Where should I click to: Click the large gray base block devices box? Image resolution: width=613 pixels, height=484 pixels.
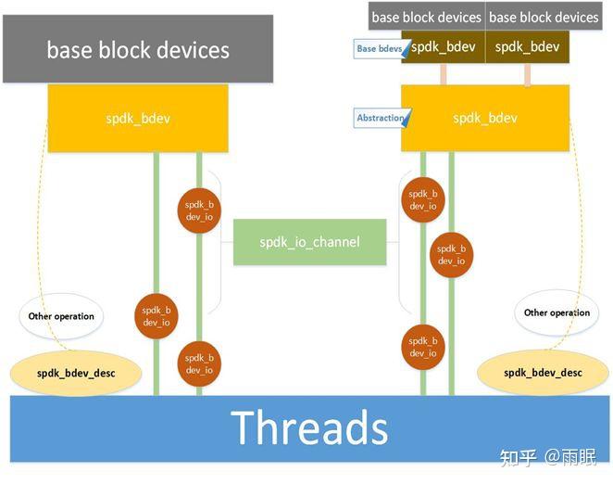(138, 48)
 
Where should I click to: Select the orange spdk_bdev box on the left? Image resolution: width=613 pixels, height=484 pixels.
(137, 118)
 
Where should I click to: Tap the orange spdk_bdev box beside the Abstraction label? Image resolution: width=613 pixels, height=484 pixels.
(484, 118)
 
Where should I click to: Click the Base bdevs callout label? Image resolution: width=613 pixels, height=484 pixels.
(379, 48)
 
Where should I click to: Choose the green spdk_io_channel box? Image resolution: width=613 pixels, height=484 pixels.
(308, 242)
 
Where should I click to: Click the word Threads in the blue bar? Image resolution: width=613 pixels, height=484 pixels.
(309, 427)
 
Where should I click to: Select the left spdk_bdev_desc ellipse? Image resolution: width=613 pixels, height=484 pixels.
(76, 373)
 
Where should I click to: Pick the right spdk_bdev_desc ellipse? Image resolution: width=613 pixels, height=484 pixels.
(543, 373)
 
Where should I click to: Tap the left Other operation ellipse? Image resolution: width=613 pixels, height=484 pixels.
(60, 316)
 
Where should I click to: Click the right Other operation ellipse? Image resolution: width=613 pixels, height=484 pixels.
(556, 312)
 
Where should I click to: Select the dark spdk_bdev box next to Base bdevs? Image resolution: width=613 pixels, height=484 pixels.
(443, 46)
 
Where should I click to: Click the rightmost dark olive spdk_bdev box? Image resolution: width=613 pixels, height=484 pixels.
(528, 46)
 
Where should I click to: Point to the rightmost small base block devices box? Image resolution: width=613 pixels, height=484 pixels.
(544, 17)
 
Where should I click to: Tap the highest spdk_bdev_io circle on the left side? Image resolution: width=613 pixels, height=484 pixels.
(199, 210)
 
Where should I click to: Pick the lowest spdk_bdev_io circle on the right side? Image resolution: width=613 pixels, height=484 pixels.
(422, 347)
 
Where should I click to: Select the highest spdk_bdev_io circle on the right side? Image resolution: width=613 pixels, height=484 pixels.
(422, 199)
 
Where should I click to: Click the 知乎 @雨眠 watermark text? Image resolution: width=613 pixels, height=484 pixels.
(547, 456)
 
